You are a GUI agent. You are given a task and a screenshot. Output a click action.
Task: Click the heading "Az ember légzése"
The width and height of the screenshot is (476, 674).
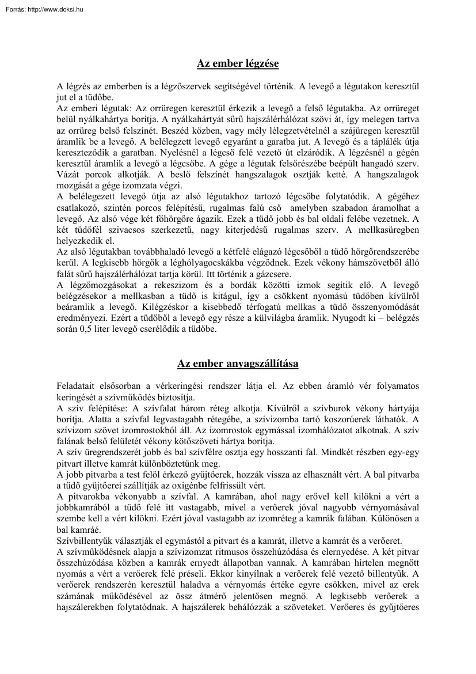click(238, 63)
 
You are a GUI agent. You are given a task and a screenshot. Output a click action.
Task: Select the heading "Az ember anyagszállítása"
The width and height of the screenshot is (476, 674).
click(238, 363)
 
